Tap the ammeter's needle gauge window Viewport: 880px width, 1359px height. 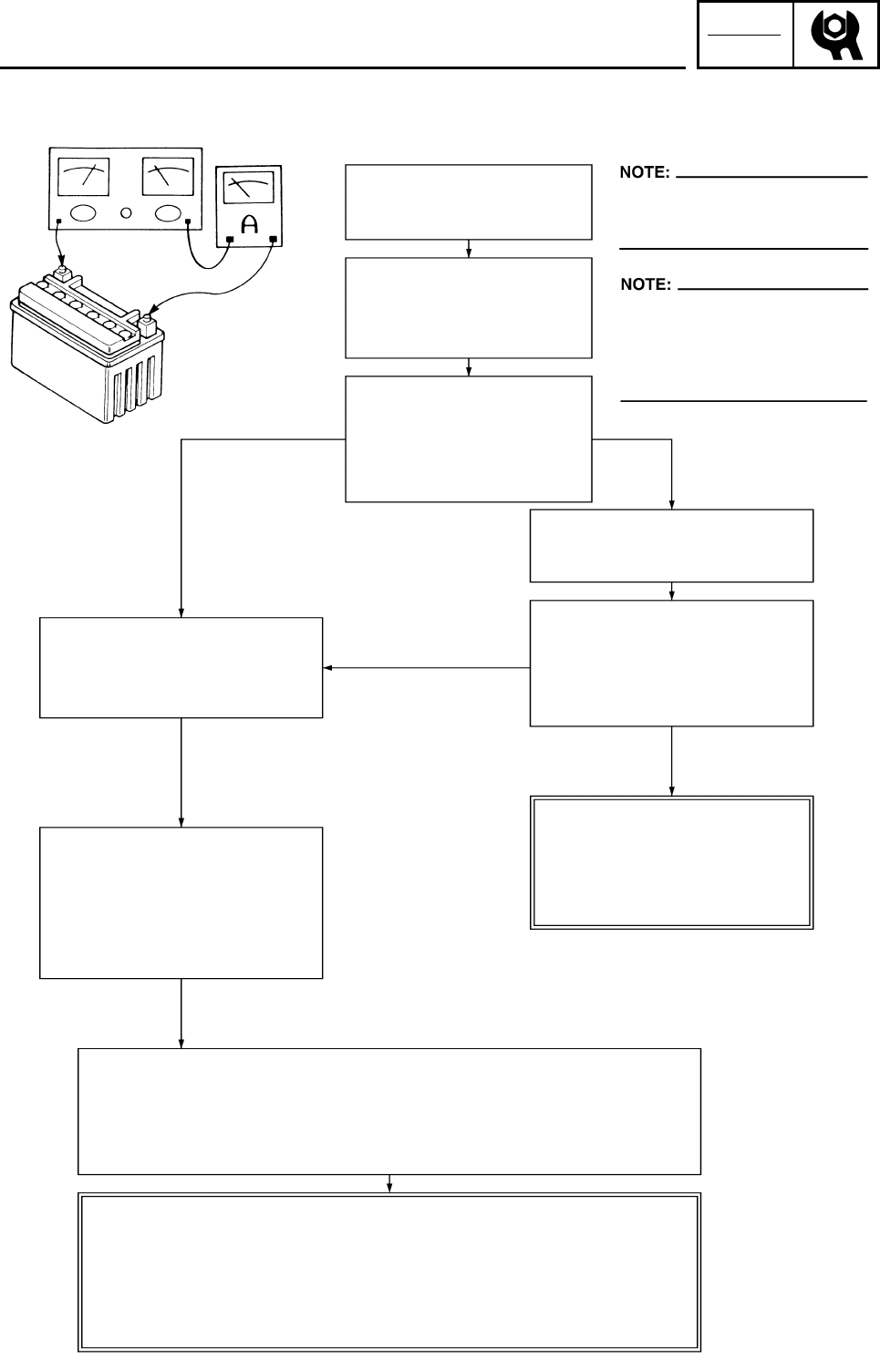pos(249,189)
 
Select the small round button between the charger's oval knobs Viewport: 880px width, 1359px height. pos(126,213)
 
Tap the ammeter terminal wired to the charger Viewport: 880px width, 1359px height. pos(230,241)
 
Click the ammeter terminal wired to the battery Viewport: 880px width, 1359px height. pos(273,241)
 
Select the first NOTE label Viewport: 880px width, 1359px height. pos(645,172)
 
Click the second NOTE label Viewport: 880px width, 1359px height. pos(646,284)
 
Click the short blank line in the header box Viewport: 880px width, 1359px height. pos(745,36)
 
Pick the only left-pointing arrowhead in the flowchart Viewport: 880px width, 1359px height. pos(327,668)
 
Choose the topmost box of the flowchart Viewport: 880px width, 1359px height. pos(468,201)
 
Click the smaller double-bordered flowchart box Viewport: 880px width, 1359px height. pos(671,862)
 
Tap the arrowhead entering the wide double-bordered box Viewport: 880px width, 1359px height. pos(390,1187)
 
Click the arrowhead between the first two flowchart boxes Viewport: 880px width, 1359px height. pos(468,252)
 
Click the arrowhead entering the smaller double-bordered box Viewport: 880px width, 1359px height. pos(672,789)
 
